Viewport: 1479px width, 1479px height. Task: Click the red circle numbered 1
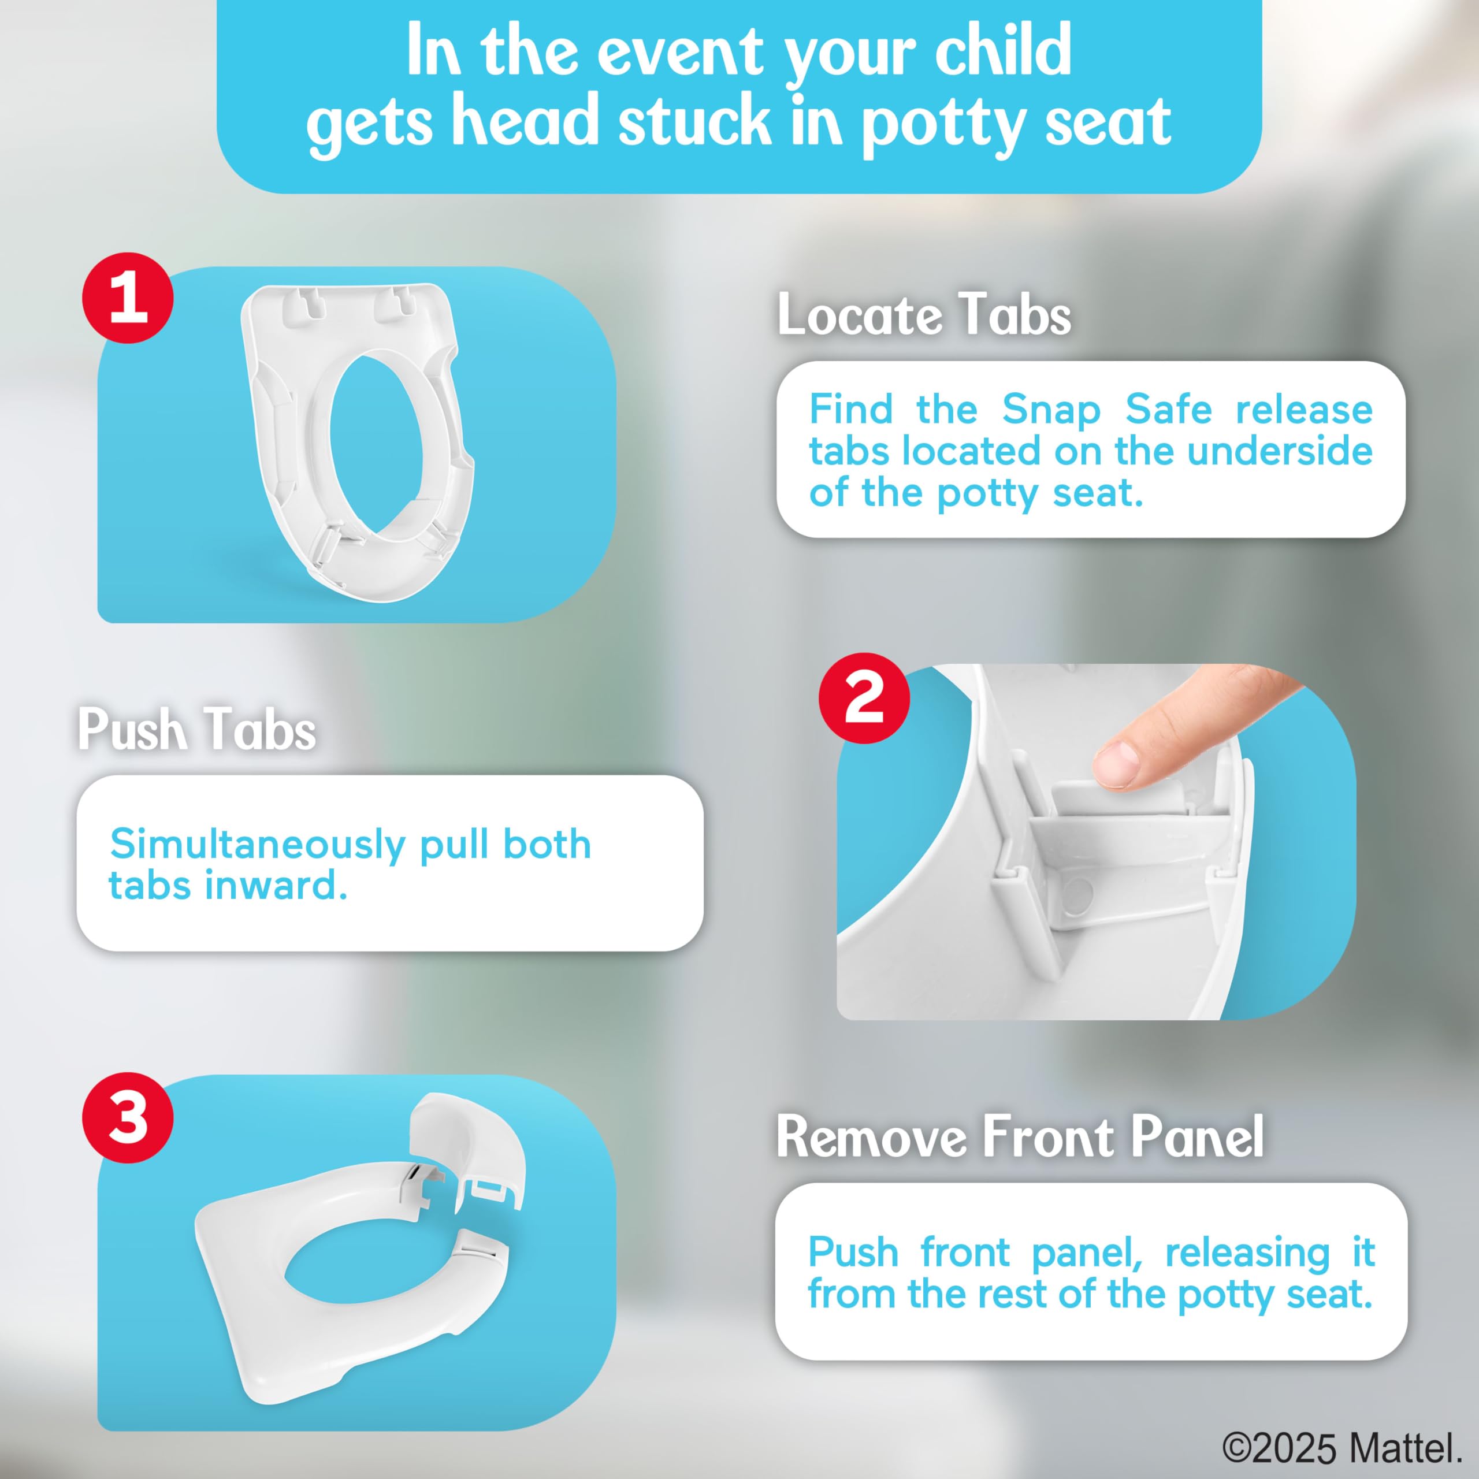(128, 298)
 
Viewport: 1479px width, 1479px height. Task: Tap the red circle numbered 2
(864, 697)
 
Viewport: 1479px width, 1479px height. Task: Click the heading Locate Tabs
(924, 315)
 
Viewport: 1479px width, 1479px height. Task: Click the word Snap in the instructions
(1051, 410)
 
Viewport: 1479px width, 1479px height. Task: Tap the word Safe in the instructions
(1168, 410)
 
